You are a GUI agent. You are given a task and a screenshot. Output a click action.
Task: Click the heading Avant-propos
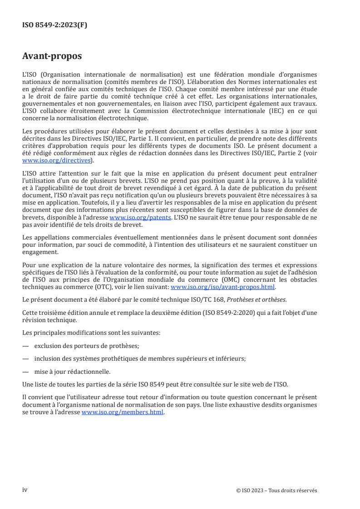52,56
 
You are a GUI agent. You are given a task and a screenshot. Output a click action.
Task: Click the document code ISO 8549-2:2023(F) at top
54,25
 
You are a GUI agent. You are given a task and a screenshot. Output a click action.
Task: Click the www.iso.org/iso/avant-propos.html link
222,287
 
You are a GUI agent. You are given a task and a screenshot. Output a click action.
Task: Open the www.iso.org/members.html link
122,413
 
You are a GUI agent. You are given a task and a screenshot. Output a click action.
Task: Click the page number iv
25,490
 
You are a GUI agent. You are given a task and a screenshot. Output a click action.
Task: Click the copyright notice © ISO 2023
276,490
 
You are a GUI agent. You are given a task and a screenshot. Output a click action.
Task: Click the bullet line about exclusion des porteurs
87,346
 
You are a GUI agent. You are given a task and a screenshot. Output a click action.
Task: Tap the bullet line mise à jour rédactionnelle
73,372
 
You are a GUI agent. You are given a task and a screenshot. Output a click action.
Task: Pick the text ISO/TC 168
207,299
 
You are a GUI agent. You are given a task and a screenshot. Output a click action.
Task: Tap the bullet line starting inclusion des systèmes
140,358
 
